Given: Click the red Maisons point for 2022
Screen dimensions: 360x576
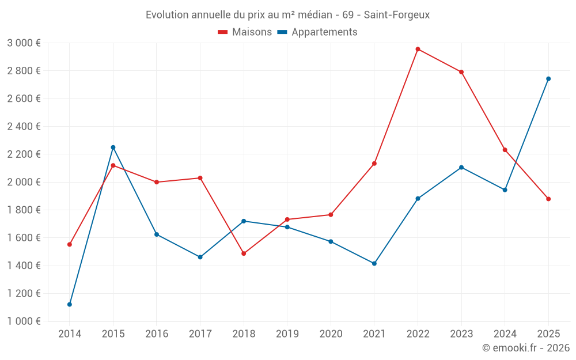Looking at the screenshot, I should [418, 49].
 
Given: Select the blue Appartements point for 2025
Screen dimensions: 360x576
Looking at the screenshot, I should [548, 79].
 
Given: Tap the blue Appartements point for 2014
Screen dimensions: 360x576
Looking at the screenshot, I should [70, 304].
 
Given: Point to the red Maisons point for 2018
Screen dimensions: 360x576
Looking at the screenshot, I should [244, 253].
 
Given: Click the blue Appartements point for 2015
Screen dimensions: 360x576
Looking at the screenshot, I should [113, 147].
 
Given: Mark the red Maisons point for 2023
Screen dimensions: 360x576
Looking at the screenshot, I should [461, 72].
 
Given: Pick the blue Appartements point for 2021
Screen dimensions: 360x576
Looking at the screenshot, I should [374, 264].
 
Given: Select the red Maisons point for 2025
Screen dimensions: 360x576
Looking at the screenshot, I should [548, 199].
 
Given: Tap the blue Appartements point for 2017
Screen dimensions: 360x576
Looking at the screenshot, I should [200, 257].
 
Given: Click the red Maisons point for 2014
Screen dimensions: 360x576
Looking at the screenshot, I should [70, 244].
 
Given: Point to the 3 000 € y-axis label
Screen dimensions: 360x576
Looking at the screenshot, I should [24, 43].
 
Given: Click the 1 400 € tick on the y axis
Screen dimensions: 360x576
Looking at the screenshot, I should [24, 266].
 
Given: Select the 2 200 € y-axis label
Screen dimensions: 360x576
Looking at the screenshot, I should [24, 154].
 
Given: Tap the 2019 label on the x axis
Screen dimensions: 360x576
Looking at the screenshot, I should [287, 334].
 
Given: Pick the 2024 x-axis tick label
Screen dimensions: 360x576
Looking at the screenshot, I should [505, 334].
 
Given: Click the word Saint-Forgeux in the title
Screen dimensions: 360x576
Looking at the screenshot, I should [397, 14].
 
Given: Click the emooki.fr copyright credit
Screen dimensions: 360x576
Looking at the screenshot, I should [525, 348].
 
